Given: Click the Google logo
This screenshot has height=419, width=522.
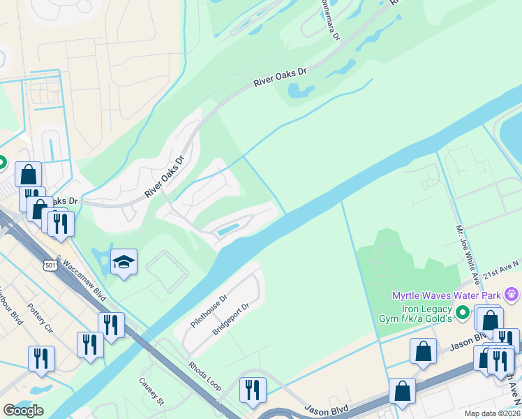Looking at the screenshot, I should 23,411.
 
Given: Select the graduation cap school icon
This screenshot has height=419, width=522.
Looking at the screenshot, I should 124,262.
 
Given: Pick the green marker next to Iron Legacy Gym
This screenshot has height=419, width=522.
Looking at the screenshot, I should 462,312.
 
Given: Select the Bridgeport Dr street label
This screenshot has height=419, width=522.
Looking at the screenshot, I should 231,319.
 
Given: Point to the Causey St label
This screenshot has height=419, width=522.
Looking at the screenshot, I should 151,391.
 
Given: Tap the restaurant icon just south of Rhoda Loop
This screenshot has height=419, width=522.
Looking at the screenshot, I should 253,390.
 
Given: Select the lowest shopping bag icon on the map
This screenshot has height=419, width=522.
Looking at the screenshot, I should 402,391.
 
